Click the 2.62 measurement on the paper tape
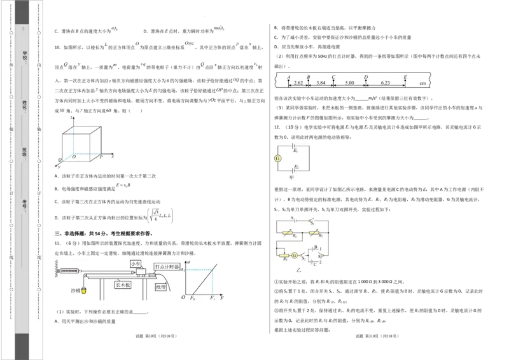tap(298, 83)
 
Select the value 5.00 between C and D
tap(349, 83)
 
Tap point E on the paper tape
tap(405, 77)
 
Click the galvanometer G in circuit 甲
tap(277, 158)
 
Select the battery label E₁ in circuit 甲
tap(295, 151)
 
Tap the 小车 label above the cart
tap(136, 263)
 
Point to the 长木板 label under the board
tap(123, 286)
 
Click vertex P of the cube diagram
tap(101, 156)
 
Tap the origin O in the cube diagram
tap(74, 156)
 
